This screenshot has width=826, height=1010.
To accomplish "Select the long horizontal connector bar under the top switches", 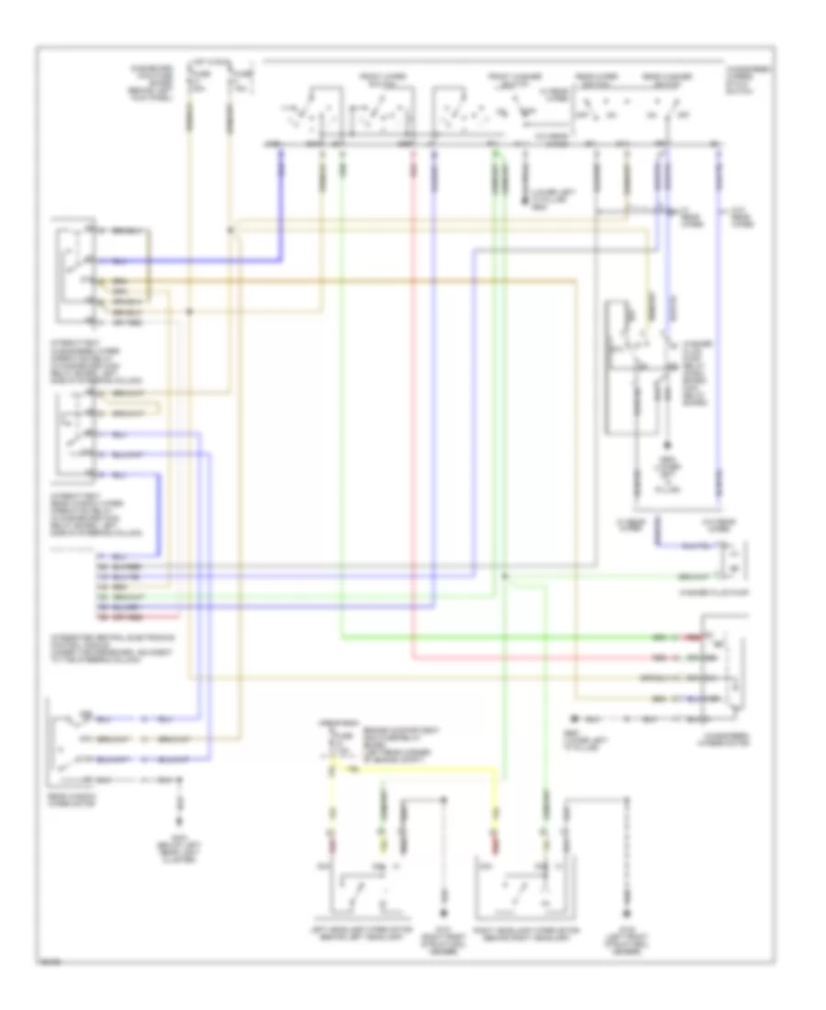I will tap(496, 144).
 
